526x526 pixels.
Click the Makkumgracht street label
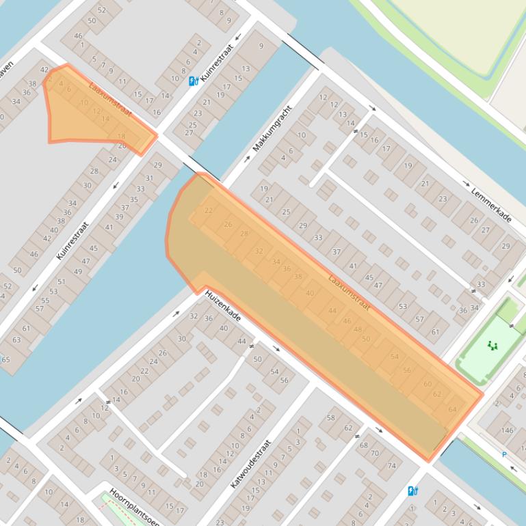click(x=272, y=128)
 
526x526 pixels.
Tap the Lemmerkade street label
click(x=491, y=204)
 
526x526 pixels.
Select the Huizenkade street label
click(x=222, y=306)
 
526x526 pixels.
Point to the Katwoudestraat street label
click(x=250, y=463)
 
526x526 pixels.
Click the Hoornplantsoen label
click(x=135, y=506)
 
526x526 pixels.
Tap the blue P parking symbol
click(x=504, y=454)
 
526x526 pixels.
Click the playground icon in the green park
click(x=491, y=346)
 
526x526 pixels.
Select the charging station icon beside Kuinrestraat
click(x=194, y=81)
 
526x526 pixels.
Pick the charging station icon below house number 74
click(x=412, y=490)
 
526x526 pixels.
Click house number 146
click(x=506, y=430)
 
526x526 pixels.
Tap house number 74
click(x=392, y=466)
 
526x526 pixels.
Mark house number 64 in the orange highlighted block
click(x=452, y=409)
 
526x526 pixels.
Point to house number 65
click(x=5, y=359)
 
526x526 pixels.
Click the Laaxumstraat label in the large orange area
click(x=349, y=292)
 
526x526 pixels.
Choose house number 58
click(x=331, y=417)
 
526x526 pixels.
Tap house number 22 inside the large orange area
click(x=209, y=210)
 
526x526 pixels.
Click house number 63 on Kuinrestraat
click(x=16, y=340)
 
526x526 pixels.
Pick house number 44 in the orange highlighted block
click(x=332, y=311)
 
